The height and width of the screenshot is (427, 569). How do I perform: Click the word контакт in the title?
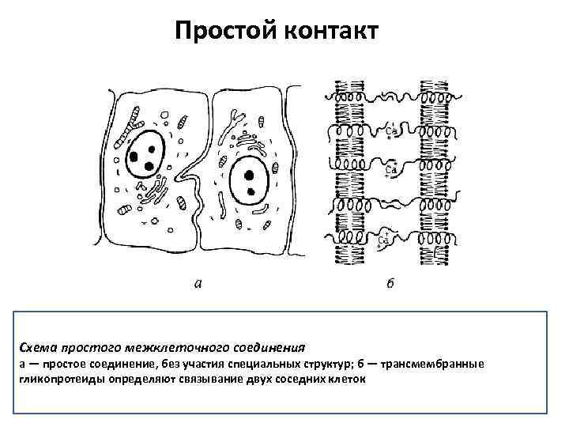325,31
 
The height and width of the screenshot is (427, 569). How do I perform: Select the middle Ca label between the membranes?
390,169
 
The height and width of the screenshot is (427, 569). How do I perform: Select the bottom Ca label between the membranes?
386,238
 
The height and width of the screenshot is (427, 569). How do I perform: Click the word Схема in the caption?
38,346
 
